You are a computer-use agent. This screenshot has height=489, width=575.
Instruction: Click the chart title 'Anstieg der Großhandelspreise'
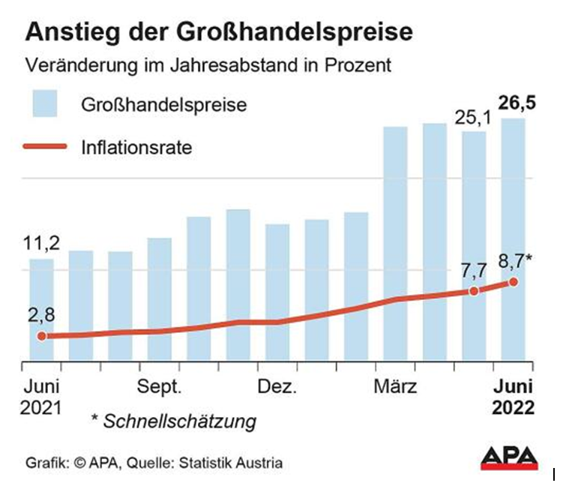(x=219, y=33)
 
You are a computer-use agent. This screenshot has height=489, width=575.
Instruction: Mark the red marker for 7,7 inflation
(x=473, y=291)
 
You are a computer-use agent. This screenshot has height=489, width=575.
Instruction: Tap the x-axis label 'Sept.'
(x=159, y=388)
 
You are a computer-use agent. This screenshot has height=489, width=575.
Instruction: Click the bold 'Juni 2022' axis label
(x=513, y=397)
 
